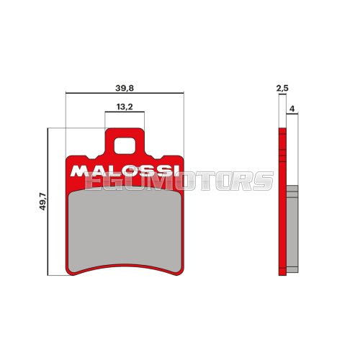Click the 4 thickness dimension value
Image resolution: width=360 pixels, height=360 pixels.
pos(292,108)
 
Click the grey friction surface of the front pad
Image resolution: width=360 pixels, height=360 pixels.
pos(125,227)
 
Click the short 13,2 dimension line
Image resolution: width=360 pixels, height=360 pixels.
pos(125,112)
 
